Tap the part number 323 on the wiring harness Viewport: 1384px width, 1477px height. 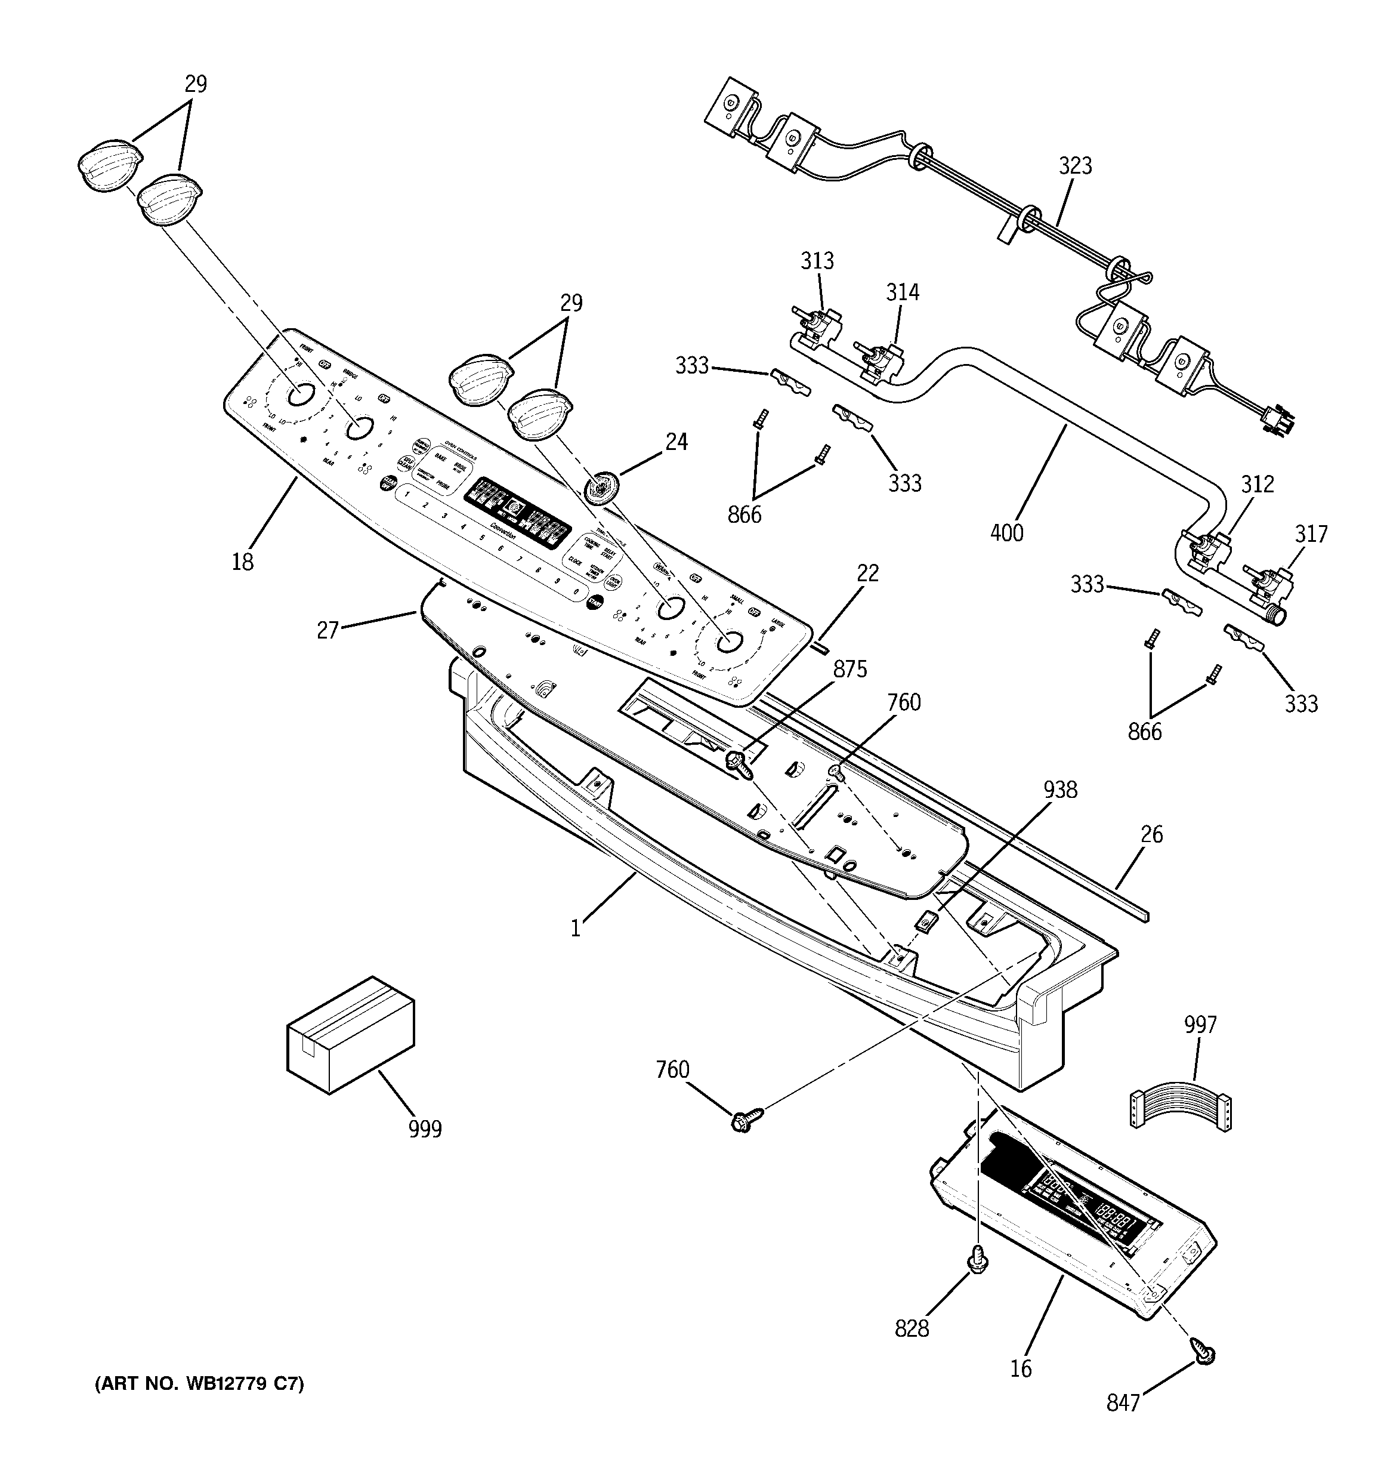coord(1075,166)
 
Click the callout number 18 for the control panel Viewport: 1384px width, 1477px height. coord(242,562)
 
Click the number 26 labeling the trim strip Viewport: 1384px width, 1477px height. coord(1151,834)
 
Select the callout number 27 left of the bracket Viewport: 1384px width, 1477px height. coord(328,630)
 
